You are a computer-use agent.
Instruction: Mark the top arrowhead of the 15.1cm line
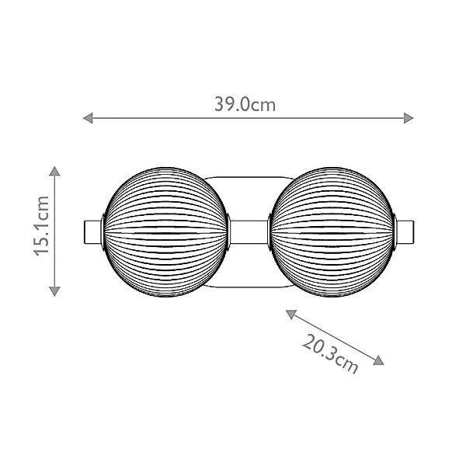54,170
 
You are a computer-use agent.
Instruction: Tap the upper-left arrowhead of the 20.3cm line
290,313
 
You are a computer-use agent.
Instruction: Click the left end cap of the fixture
92,231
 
